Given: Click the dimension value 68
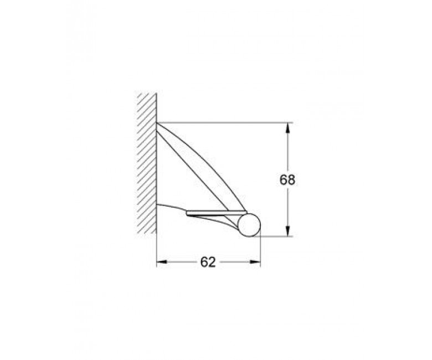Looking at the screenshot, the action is pyautogui.click(x=287, y=180).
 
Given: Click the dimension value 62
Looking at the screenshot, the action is pyautogui.click(x=208, y=262).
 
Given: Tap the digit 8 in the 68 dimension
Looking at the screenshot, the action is pyautogui.click(x=291, y=180).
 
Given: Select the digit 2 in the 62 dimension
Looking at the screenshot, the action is pyautogui.click(x=212, y=262).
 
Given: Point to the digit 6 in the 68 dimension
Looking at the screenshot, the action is pyautogui.click(x=284, y=180).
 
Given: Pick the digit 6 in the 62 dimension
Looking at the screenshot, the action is pyautogui.click(x=204, y=262).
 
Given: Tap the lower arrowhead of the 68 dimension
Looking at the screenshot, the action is pyautogui.click(x=287, y=231).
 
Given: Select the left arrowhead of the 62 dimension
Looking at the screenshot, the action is pyautogui.click(x=162, y=262).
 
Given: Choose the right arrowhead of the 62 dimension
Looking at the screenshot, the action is pyautogui.click(x=255, y=262).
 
